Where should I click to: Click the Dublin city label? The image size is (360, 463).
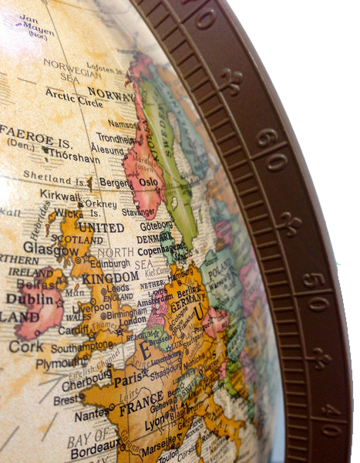coord(29,298)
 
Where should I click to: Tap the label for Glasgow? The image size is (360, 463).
coord(51,248)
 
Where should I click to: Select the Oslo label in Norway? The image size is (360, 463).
coord(148,182)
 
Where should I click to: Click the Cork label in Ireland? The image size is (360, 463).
coord(26,346)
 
